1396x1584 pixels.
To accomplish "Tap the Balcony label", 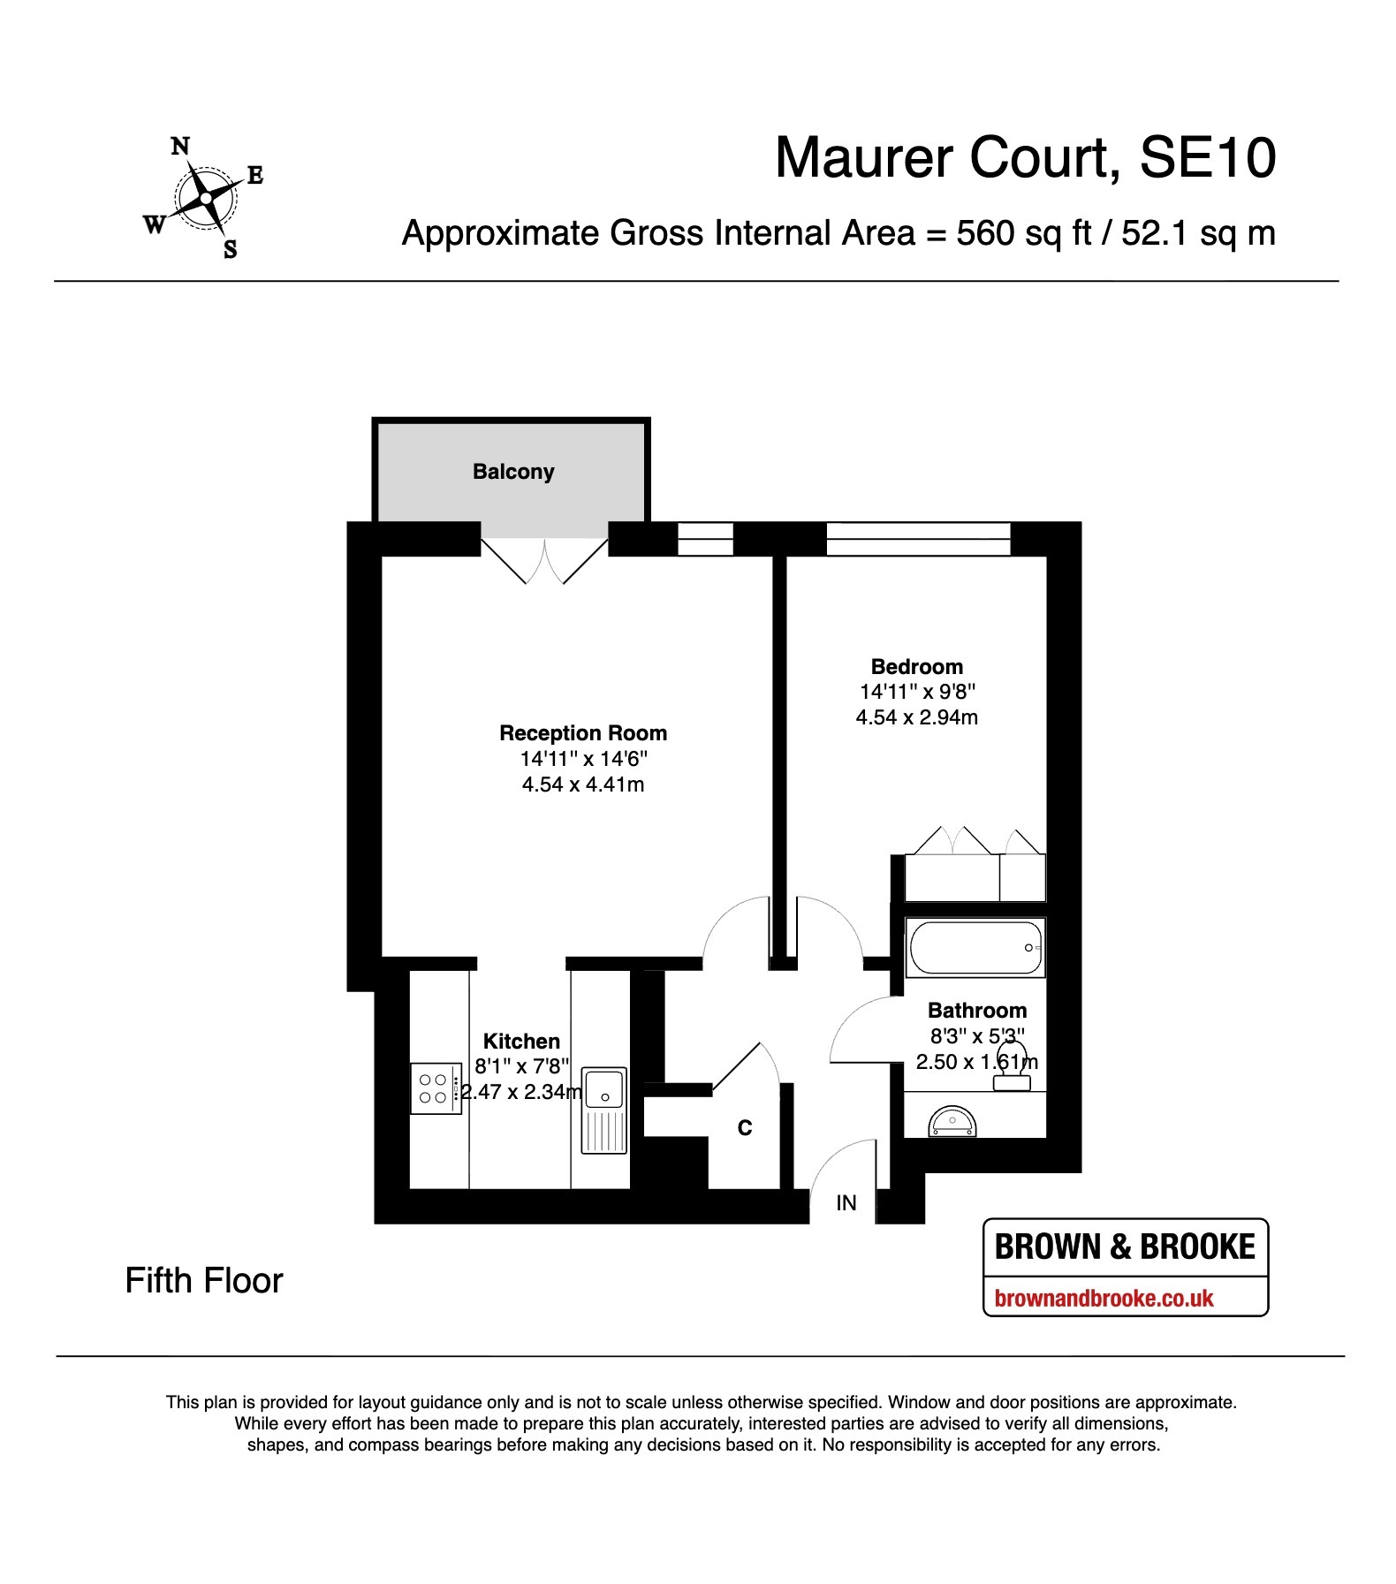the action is [513, 472].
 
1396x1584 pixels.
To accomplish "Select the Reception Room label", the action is [583, 733].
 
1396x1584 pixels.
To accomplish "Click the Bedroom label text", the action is [917, 667].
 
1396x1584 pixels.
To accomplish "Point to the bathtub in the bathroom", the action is [975, 948].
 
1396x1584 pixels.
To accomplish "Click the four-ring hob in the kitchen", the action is [436, 1088].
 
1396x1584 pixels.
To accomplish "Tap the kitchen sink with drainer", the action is [603, 1110].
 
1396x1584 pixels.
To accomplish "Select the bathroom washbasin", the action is [952, 1121].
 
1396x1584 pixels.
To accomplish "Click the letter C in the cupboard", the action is [745, 1128].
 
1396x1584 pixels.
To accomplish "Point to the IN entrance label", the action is [846, 1202].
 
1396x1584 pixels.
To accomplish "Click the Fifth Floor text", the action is [204, 1281].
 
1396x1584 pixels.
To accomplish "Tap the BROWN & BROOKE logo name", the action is [1125, 1247].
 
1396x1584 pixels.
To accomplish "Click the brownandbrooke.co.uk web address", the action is [1104, 1299].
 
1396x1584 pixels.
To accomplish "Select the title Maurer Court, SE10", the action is [1026, 158].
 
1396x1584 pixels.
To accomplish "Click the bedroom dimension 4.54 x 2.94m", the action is [917, 717].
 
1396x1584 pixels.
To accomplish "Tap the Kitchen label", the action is [521, 1042].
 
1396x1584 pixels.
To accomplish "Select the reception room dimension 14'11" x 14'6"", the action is [584, 759].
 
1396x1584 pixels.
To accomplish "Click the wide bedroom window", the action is [918, 539].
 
